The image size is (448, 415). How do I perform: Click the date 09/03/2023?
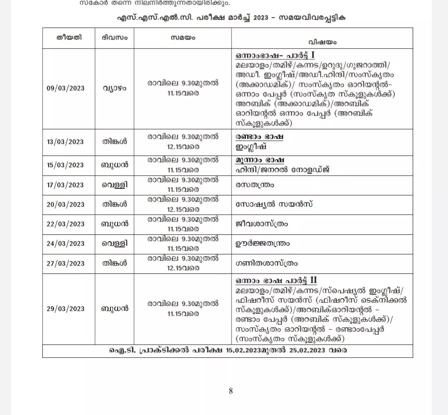[66, 88]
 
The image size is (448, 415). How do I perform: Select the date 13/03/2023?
[66, 142]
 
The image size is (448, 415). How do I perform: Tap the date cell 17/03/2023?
[66, 185]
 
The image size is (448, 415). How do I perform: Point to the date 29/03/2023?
[66, 309]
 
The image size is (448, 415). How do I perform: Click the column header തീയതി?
[69, 37]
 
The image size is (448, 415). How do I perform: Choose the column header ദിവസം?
[114, 37]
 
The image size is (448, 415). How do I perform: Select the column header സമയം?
[183, 37]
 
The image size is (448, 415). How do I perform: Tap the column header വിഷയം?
[322, 42]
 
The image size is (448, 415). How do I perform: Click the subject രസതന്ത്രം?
[255, 185]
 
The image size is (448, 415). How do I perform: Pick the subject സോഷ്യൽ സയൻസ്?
[274, 204]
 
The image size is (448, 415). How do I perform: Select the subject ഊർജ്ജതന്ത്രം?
[263, 244]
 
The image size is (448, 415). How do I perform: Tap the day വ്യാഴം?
[114, 88]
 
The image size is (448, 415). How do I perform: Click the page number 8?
[231, 391]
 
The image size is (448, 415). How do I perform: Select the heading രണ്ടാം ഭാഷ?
[259, 137]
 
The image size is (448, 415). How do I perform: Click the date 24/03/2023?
[66, 244]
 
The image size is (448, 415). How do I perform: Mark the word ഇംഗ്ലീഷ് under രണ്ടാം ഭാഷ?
[251, 147]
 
